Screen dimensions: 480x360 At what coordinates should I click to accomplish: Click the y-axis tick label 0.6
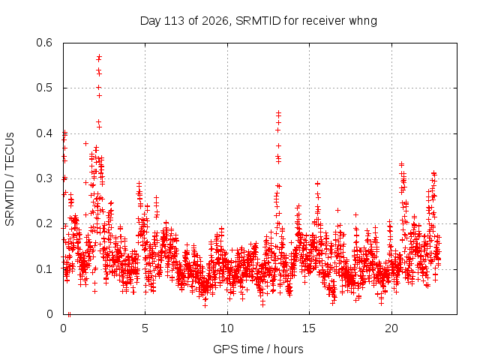(44, 43)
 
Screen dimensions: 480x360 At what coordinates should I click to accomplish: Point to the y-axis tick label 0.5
(44, 88)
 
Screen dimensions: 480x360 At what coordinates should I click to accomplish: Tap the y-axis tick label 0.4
(44, 133)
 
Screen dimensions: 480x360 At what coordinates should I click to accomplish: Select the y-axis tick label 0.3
(44, 178)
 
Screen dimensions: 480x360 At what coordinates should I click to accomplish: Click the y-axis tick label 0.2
(44, 223)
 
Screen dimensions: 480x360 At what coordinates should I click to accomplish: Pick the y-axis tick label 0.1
(44, 269)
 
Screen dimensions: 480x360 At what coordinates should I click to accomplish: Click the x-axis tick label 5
(145, 328)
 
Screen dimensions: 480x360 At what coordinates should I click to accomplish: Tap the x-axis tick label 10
(227, 328)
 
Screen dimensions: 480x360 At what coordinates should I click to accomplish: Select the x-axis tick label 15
(309, 328)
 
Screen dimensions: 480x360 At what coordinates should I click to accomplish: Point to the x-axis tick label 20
(391, 328)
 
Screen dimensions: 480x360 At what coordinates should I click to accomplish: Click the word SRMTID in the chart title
(258, 21)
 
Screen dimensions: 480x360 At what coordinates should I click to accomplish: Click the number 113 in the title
(175, 21)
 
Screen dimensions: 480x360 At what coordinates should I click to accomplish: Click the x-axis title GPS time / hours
(258, 349)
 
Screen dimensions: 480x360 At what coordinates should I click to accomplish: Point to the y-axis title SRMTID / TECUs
(10, 179)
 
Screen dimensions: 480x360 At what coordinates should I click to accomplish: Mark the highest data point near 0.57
(99, 57)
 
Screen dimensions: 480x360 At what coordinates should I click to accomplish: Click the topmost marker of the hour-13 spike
(278, 113)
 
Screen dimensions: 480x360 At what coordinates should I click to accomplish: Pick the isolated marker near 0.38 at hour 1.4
(86, 143)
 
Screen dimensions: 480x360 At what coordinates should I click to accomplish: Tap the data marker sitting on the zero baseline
(69, 314)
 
